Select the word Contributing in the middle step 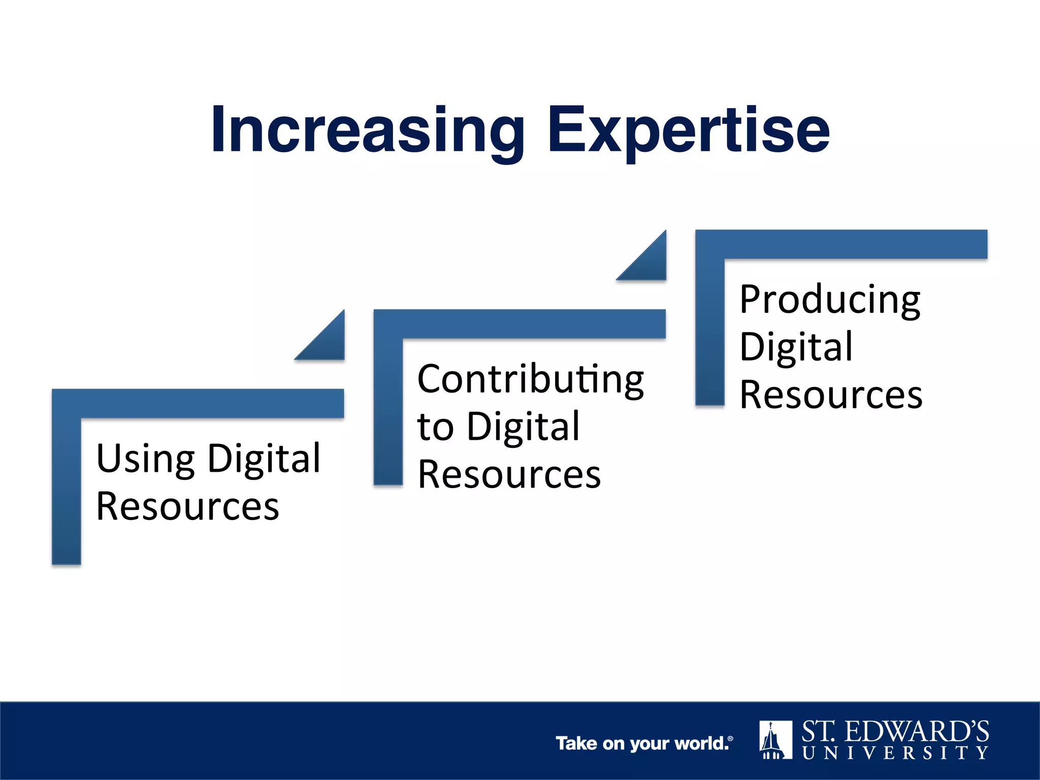[x=531, y=379]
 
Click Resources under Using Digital [x=187, y=506]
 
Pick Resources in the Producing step [x=831, y=395]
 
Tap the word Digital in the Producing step [x=796, y=347]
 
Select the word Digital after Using [x=265, y=459]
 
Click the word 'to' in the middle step [x=435, y=427]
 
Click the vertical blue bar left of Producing [x=709, y=330]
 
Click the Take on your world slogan [x=644, y=743]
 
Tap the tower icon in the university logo [x=775, y=739]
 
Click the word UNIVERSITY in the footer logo [x=895, y=753]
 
